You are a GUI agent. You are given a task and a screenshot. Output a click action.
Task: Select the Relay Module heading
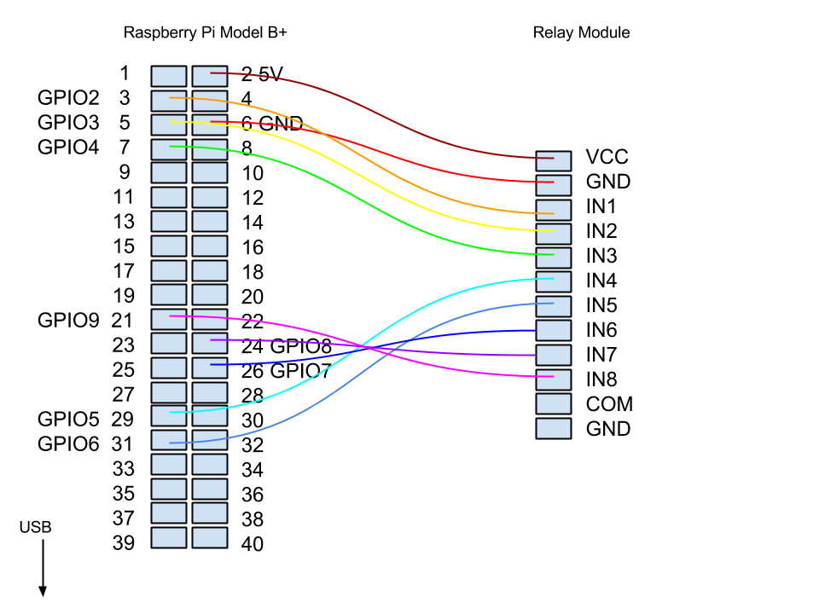pos(581,33)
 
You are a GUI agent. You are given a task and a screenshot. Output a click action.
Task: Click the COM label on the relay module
pos(609,404)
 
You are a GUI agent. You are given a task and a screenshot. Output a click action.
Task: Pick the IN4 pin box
pos(554,281)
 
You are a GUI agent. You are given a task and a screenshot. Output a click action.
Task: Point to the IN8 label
pos(601,379)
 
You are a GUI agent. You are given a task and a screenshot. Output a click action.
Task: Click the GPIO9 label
pos(69,321)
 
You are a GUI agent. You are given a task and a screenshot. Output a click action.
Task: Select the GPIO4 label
pos(69,148)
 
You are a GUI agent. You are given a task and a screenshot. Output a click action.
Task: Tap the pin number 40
pos(253,544)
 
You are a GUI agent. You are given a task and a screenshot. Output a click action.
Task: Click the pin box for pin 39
pos(169,538)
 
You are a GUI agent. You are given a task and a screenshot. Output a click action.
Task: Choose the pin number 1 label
pos(125,73)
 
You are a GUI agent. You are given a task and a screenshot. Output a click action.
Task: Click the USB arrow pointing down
pos(42,568)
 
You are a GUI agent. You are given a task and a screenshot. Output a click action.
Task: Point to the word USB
pos(35,529)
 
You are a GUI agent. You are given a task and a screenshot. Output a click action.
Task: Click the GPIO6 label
pos(69,443)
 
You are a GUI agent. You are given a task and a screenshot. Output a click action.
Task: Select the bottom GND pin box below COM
pos(554,428)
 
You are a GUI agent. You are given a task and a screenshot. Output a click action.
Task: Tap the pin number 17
pos(124,271)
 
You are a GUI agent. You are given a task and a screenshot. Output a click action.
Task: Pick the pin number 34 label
pos(253,470)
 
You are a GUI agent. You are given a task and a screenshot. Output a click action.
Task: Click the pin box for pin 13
pos(169,222)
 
